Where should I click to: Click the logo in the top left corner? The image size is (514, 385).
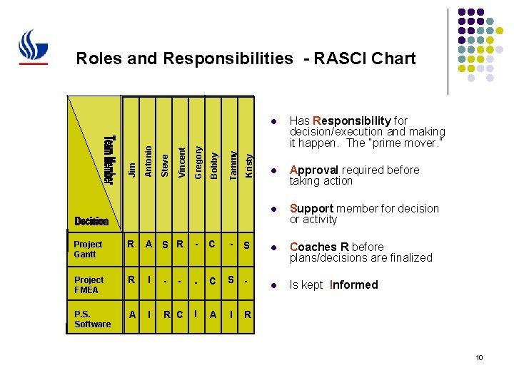tap(33, 48)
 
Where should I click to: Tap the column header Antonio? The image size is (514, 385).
tap(148, 160)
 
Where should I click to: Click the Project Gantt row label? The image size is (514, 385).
tap(89, 249)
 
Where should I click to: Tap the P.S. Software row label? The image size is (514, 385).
tap(93, 319)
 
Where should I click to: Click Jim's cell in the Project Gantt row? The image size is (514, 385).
tap(131, 245)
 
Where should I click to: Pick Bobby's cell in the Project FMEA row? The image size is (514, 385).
tap(213, 281)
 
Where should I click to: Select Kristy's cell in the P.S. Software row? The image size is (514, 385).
tap(247, 314)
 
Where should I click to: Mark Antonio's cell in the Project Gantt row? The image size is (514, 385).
tap(149, 245)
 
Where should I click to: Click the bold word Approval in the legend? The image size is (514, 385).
tap(315, 170)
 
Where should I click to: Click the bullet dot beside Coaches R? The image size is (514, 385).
tap(272, 247)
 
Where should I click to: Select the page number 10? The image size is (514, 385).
tap(479, 357)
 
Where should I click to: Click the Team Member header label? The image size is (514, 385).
tap(108, 158)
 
